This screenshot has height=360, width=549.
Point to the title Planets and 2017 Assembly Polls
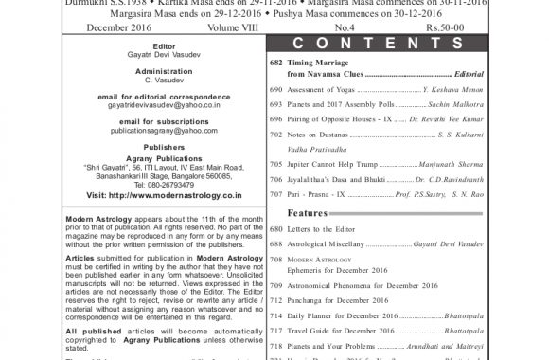click(335, 103)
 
